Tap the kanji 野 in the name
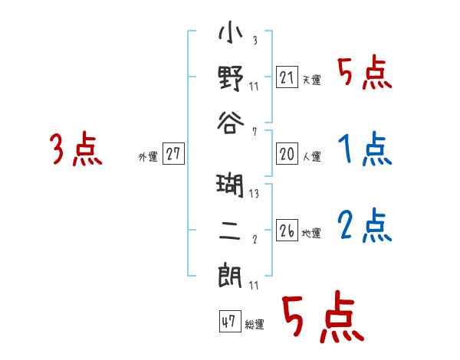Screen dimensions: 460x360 (230, 78)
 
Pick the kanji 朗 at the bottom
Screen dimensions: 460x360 (230, 273)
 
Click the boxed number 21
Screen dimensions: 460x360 (287, 77)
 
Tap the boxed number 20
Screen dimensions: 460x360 (287, 154)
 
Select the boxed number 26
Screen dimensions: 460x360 (287, 231)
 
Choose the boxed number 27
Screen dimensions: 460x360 (173, 154)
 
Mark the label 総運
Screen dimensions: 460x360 (255, 324)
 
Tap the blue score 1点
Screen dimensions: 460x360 (364, 149)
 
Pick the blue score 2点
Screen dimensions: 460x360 (364, 226)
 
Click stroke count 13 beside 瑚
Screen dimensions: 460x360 (254, 195)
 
